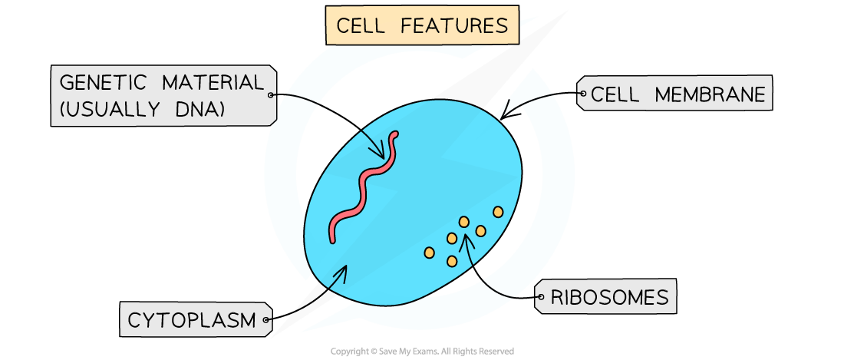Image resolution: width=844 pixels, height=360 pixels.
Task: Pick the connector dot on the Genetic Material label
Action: pyautogui.click(x=270, y=96)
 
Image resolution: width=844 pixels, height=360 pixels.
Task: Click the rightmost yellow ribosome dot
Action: pyautogui.click(x=498, y=211)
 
